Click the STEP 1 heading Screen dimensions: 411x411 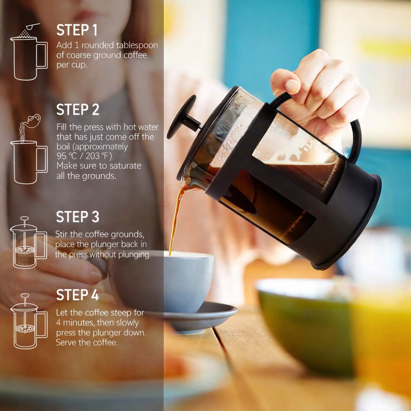(x=77, y=30)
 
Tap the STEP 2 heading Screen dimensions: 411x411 (x=77, y=110)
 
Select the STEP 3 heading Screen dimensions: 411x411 (x=77, y=217)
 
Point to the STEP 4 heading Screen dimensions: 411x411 (x=77, y=295)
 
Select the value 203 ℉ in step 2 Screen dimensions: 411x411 (x=97, y=156)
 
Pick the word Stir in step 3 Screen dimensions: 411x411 (x=61, y=234)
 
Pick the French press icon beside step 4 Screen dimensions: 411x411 (x=29, y=321)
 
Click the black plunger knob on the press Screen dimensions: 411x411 (x=183, y=117)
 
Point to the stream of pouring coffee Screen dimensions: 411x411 (x=176, y=218)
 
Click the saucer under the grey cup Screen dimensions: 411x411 (x=199, y=317)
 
